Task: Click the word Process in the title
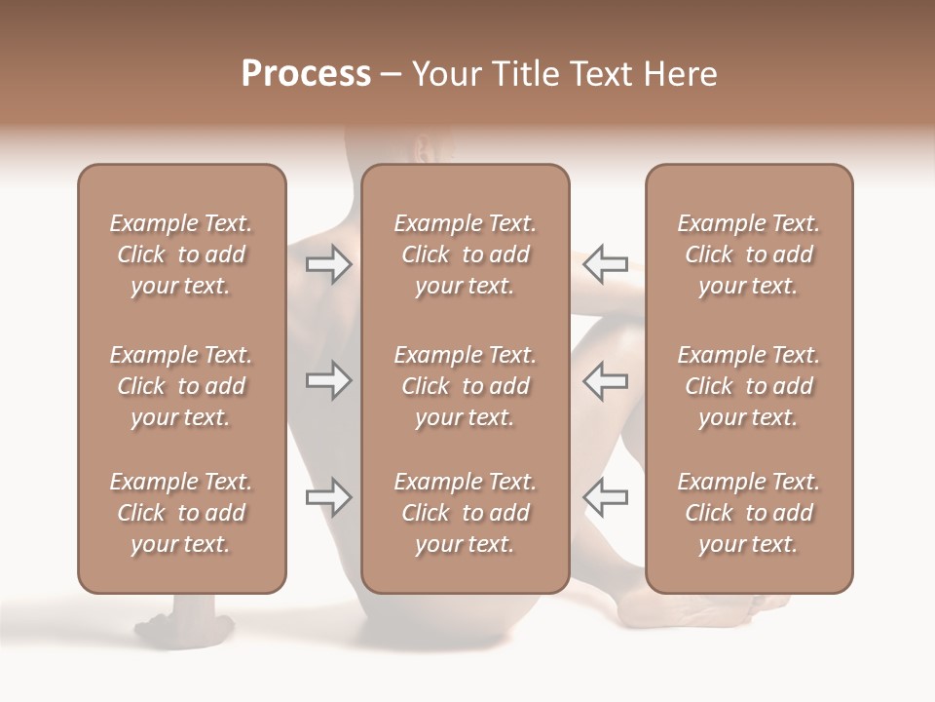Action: pyautogui.click(x=306, y=74)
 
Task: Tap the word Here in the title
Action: pyautogui.click(x=677, y=74)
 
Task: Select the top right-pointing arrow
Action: pyautogui.click(x=328, y=264)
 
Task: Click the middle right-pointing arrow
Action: pyautogui.click(x=328, y=380)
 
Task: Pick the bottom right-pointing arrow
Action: pyautogui.click(x=328, y=497)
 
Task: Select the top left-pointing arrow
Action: pyautogui.click(x=605, y=264)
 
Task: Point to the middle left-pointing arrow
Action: pyautogui.click(x=605, y=380)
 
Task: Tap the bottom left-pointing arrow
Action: pyautogui.click(x=605, y=497)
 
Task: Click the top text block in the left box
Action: pyautogui.click(x=181, y=254)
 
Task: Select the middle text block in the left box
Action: pyautogui.click(x=181, y=386)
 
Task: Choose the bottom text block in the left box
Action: pyautogui.click(x=181, y=513)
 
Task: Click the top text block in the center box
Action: pyautogui.click(x=465, y=254)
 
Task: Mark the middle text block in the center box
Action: pyautogui.click(x=465, y=386)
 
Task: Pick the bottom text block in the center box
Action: pyautogui.click(x=465, y=513)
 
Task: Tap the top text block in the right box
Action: pyautogui.click(x=748, y=254)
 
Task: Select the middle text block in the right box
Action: pyautogui.click(x=748, y=386)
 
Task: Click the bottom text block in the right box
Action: pyautogui.click(x=748, y=513)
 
